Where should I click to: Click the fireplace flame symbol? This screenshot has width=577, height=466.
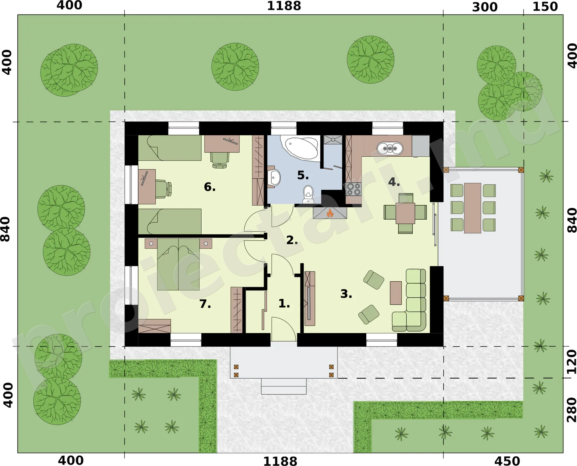pyautogui.click(x=330, y=213)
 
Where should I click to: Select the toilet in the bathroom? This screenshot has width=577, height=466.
pyautogui.click(x=308, y=194)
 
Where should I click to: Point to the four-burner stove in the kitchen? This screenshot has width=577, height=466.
pyautogui.click(x=353, y=189)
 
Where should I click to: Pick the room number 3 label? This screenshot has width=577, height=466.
pyautogui.click(x=346, y=294)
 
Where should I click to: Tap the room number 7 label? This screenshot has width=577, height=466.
pyautogui.click(x=205, y=304)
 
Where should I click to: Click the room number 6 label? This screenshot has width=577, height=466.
pyautogui.click(x=210, y=187)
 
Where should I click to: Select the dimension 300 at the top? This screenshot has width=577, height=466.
pyautogui.click(x=485, y=7)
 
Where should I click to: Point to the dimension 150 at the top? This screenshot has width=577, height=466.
pyautogui.click(x=545, y=7)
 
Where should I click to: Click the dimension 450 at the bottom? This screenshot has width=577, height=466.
pyautogui.click(x=507, y=461)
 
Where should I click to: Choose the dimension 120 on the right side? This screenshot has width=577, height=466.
pyautogui.click(x=571, y=362)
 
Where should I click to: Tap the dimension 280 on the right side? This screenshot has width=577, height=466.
pyautogui.click(x=571, y=410)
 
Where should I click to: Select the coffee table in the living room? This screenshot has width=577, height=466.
pyautogui.click(x=396, y=293)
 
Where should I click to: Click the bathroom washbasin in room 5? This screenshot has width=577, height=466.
pyautogui.click(x=274, y=177)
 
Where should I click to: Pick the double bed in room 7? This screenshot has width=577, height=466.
pyautogui.click(x=179, y=264)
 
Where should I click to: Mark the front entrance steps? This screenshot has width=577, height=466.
pyautogui.click(x=284, y=386)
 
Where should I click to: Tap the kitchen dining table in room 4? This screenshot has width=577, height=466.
pyautogui.click(x=405, y=213)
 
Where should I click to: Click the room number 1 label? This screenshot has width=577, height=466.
pyautogui.click(x=284, y=303)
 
